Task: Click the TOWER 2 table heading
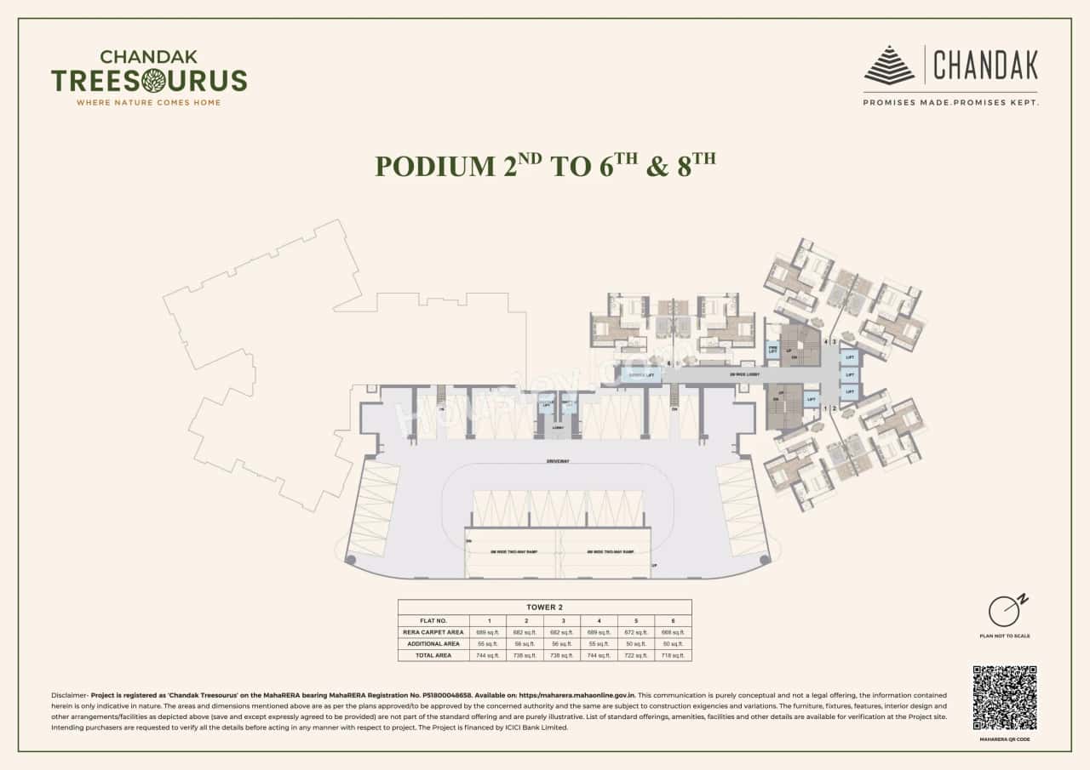point(544,607)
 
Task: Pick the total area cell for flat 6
point(673,655)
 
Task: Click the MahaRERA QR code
point(1005,698)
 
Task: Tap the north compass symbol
point(1005,610)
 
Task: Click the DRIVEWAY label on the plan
point(559,460)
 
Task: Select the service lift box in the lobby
point(640,374)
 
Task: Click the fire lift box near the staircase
point(773,349)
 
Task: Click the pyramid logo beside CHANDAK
point(890,66)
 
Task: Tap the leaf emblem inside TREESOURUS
point(154,81)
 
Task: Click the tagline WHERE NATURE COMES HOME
point(149,103)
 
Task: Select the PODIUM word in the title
point(433,166)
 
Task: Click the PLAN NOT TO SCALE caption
point(1005,636)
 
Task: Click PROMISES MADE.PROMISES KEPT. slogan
point(950,102)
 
